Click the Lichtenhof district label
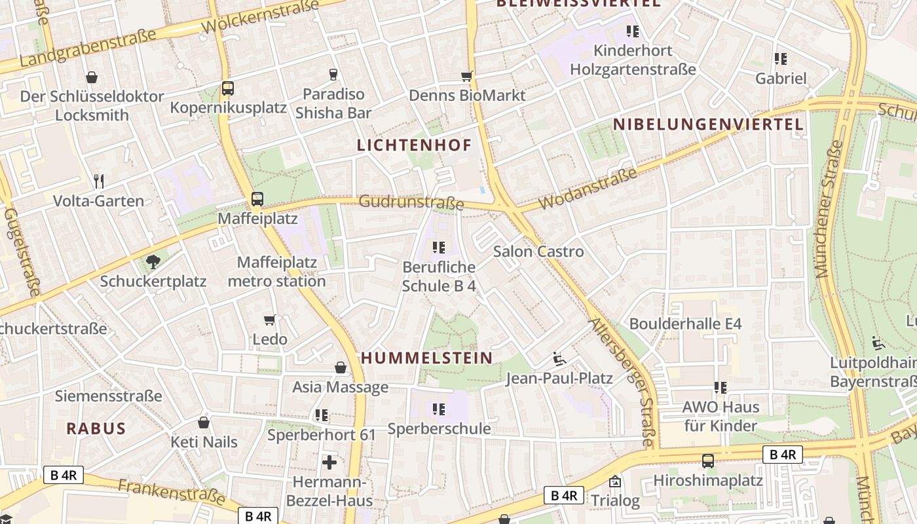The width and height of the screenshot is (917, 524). pyautogui.click(x=414, y=145)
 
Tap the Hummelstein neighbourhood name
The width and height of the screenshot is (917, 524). pyautogui.click(x=426, y=358)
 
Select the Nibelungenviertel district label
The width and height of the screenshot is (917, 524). pyautogui.click(x=708, y=124)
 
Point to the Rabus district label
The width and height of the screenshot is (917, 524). pyautogui.click(x=96, y=429)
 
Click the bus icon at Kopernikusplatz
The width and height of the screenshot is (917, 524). pyautogui.click(x=227, y=88)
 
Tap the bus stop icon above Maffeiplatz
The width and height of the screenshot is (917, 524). pyautogui.click(x=257, y=198)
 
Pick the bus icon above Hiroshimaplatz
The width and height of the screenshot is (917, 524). pyautogui.click(x=708, y=460)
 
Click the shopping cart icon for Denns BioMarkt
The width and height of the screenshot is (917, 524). pyautogui.click(x=466, y=77)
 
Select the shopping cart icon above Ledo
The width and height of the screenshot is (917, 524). pyautogui.click(x=269, y=320)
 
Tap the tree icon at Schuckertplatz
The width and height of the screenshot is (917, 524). pyautogui.click(x=153, y=262)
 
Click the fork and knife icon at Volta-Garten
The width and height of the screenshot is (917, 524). pyautogui.click(x=99, y=181)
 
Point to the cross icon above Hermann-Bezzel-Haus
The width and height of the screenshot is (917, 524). pyautogui.click(x=329, y=462)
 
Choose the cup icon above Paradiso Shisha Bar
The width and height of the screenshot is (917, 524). pyautogui.click(x=333, y=75)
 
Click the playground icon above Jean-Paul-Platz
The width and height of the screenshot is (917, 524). pyautogui.click(x=559, y=358)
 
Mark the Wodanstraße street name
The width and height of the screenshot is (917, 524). pyautogui.click(x=588, y=190)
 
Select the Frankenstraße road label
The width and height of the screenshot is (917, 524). pyautogui.click(x=172, y=492)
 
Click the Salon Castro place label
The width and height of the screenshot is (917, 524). pyautogui.click(x=538, y=251)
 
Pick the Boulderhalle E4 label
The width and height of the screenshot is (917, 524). pyautogui.click(x=685, y=324)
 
